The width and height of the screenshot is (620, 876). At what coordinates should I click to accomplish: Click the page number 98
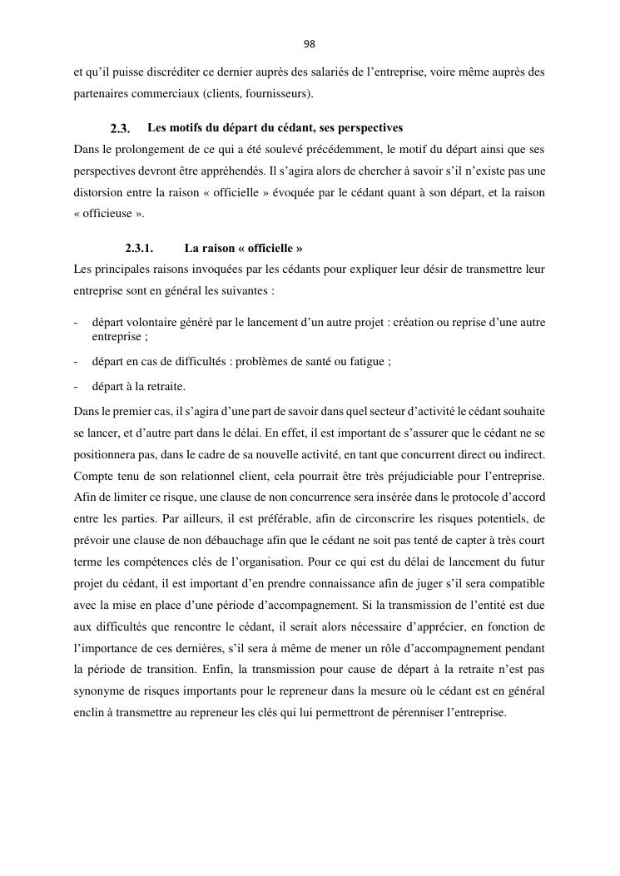tap(310, 44)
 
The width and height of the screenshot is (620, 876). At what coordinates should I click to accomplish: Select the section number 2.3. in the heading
tap(120, 129)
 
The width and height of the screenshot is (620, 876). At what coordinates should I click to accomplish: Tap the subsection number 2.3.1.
tap(139, 249)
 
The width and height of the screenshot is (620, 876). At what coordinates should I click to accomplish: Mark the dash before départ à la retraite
tap(76, 387)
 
